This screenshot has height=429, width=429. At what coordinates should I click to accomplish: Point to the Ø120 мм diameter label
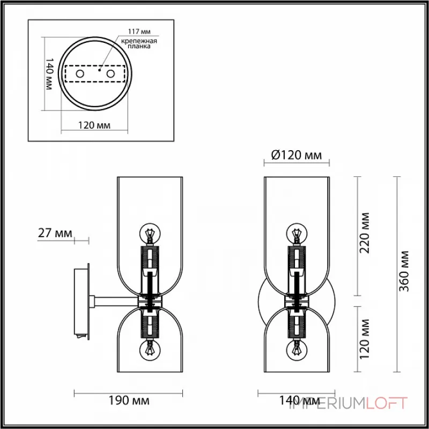tap(297, 156)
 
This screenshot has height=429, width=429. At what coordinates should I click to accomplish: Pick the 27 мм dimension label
tap(55, 233)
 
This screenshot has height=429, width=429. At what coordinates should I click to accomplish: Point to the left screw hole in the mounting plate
tap(79, 73)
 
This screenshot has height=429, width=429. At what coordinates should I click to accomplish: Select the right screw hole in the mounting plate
tap(110, 73)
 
